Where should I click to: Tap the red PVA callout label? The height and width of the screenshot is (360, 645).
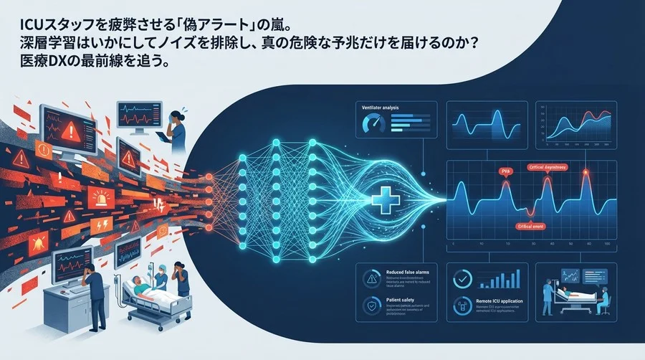tap(505, 172)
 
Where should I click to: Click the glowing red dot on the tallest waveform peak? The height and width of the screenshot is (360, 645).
tap(586, 173)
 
